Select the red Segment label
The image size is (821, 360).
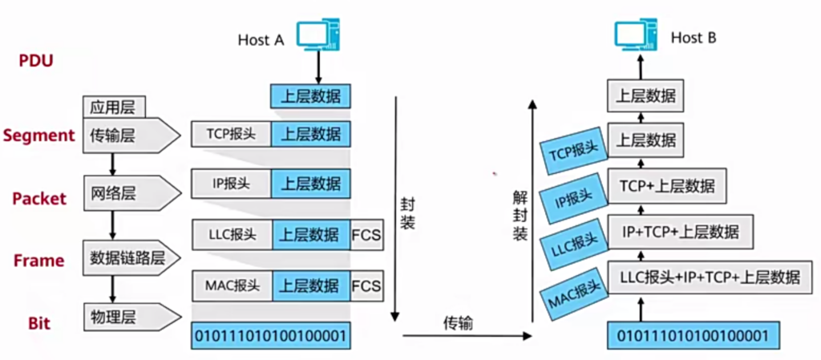pos(38,136)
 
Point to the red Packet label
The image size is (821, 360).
pos(38,198)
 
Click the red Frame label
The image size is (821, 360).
pos(38,261)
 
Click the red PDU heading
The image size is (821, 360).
pos(35,60)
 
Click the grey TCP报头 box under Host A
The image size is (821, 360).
pos(231,134)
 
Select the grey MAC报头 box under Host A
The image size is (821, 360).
pos(231,285)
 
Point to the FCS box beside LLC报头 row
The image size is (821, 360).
pos(366,235)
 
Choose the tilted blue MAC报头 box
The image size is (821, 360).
pos(572,297)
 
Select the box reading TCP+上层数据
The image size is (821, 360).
pos(666,187)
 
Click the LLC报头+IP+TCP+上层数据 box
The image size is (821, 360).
pos(710,277)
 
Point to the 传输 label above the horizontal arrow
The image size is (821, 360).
pos(458,323)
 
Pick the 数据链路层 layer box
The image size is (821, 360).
pos(128,257)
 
